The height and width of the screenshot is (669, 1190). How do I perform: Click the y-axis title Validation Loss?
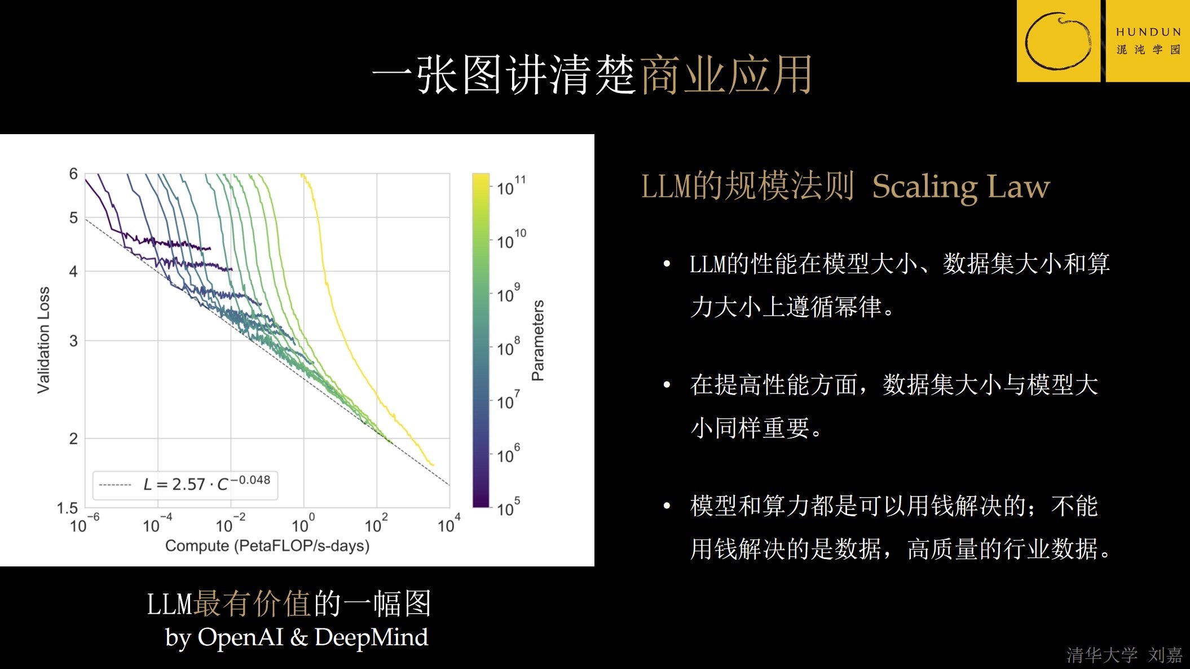[x=43, y=340]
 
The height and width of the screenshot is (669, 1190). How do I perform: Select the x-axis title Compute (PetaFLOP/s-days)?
[x=267, y=546]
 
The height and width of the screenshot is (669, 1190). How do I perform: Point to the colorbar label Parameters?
[x=538, y=340]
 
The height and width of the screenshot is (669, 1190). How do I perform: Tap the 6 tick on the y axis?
[x=73, y=174]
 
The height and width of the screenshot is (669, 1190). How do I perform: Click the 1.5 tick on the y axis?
[x=67, y=508]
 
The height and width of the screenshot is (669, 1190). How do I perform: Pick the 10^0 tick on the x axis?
[x=302, y=524]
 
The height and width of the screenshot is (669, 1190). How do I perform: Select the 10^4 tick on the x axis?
[x=448, y=524]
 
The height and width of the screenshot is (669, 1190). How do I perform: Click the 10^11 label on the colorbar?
[x=510, y=187]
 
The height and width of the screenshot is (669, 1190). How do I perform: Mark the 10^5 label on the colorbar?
[x=508, y=508]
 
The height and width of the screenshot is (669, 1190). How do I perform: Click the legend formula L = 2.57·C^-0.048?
[x=206, y=484]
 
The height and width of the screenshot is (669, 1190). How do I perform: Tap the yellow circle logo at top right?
[x=1058, y=41]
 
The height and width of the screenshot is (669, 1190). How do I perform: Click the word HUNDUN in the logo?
[x=1148, y=32]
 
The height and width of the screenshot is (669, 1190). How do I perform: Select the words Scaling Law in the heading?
[x=961, y=187]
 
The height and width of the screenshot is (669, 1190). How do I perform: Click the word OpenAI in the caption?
[x=240, y=637]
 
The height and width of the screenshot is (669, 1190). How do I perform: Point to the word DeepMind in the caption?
[x=371, y=637]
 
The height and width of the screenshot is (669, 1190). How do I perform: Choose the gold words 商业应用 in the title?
[x=726, y=75]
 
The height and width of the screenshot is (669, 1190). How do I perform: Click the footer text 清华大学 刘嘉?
[x=1124, y=655]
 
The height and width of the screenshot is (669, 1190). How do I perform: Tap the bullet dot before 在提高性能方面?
[x=667, y=385]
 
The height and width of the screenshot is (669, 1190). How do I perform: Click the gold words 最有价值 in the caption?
[x=252, y=604]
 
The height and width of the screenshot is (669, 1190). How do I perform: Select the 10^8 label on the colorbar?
[x=508, y=347]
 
